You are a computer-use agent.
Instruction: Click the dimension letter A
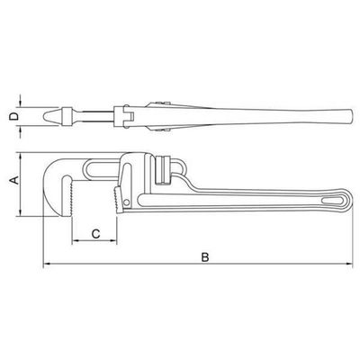[14, 180]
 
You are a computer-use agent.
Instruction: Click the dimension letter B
[204, 257]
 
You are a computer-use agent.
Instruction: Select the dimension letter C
[95, 234]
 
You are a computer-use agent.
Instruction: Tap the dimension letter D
[13, 116]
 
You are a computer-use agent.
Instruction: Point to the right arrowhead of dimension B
[349, 264]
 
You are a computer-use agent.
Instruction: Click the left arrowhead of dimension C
[76, 240]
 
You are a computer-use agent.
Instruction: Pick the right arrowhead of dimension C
[112, 240]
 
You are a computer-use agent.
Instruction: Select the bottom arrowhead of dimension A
[20, 212]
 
